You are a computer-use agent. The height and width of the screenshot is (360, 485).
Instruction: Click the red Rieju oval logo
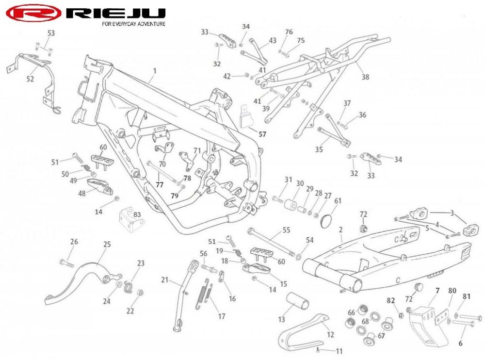coord(33,13)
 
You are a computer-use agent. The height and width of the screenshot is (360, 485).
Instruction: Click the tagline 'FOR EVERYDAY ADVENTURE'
coord(134,24)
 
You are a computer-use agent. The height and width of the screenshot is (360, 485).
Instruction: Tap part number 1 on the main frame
coord(155,71)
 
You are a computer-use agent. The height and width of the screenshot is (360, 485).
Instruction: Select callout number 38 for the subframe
coord(365,77)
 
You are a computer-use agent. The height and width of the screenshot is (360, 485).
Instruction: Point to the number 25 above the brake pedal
coord(107,244)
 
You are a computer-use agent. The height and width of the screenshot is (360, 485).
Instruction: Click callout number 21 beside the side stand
coord(164,280)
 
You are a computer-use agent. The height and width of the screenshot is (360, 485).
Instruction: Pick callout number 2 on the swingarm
coord(340,229)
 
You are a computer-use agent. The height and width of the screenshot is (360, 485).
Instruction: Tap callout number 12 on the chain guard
coord(330,335)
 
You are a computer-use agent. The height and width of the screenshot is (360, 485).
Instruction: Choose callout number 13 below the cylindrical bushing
coord(281,319)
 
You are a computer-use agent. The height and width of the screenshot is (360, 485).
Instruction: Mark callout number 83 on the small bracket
coord(137,214)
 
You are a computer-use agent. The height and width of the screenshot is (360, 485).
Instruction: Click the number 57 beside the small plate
coord(262,134)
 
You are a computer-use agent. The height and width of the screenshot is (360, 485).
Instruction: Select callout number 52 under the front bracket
coord(30,79)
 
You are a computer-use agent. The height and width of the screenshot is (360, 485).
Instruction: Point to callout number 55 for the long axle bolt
coord(287,230)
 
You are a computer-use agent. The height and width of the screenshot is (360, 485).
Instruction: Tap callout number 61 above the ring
coord(338,201)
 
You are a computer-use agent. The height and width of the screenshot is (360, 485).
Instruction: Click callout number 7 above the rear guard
coord(437,291)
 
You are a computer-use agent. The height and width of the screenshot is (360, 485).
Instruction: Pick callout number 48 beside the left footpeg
coord(81,194)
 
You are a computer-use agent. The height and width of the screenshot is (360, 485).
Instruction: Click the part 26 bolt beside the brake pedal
coord(67,264)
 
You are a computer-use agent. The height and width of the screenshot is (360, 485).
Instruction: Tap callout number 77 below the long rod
coord(159,185)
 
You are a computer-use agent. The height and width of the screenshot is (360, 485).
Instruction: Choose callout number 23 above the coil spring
coord(141,263)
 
